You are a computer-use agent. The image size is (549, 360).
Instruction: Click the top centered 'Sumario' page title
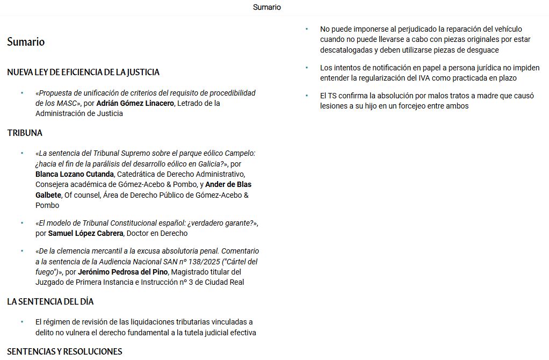[266, 8]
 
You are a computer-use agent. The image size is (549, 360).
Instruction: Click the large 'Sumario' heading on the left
[26, 42]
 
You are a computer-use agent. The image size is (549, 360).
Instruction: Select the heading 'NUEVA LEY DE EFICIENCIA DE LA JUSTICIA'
[83, 72]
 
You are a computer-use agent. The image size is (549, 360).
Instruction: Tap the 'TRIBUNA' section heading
[25, 133]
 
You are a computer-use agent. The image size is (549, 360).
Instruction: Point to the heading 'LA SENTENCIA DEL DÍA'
[50, 301]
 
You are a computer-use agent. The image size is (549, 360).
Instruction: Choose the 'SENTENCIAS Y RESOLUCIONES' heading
[64, 351]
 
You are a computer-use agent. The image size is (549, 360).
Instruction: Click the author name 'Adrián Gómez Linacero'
[135, 103]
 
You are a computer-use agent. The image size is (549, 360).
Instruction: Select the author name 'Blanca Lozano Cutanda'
[75, 174]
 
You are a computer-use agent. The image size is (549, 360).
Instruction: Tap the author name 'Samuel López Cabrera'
[85, 233]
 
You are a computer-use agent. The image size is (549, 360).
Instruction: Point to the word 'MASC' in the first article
[67, 103]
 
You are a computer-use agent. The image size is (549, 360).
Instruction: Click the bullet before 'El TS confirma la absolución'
[307, 96]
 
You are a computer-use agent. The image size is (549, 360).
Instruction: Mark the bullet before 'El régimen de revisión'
[22, 322]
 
